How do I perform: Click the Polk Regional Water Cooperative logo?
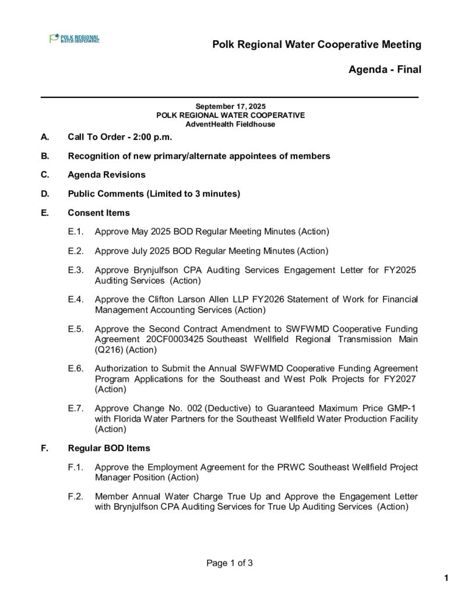click(74, 38)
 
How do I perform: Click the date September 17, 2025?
click(230, 106)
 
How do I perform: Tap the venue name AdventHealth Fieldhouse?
click(230, 124)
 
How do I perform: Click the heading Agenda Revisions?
click(107, 175)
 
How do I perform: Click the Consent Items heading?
click(98, 212)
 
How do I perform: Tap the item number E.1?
click(76, 232)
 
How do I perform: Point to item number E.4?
click(76, 300)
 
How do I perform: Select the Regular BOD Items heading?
click(109, 448)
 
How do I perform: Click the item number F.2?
click(76, 497)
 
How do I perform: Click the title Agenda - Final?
click(384, 70)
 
